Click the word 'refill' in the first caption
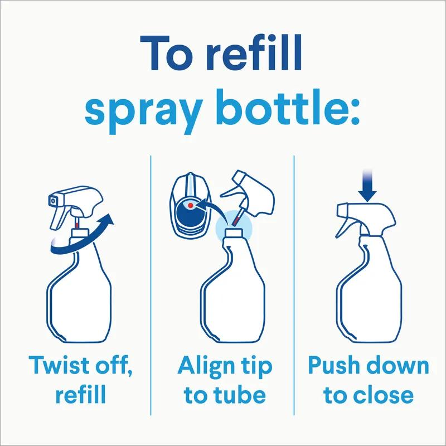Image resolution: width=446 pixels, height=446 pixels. click(x=80, y=395)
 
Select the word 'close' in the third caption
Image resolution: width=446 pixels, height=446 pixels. click(x=384, y=395)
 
